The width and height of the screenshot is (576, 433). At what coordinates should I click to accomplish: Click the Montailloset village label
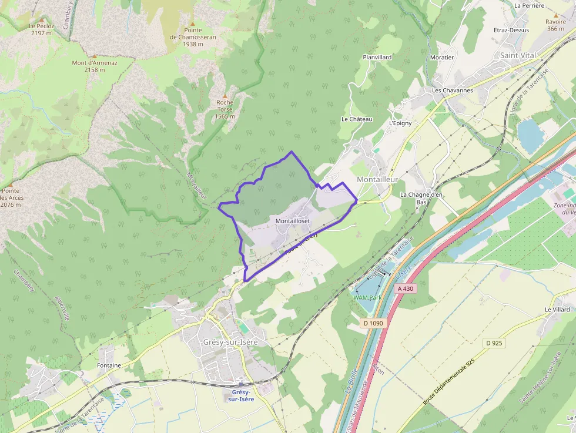click(292, 220)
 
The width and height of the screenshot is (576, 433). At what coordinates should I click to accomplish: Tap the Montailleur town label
click(377, 179)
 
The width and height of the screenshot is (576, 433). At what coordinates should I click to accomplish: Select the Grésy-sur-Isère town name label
click(230, 342)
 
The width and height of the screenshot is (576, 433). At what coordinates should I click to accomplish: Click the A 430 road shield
click(406, 288)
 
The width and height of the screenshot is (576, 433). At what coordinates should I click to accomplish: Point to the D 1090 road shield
click(373, 323)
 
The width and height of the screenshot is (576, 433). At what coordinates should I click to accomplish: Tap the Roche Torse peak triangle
click(225, 95)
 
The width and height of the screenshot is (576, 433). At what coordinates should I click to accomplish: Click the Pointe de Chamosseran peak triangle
click(192, 23)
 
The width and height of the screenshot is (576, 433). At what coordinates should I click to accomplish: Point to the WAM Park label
click(367, 297)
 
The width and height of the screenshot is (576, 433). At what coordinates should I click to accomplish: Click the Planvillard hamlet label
click(377, 57)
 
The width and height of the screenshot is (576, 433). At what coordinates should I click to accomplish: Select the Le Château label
click(357, 119)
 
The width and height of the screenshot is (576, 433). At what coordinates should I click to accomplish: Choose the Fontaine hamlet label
click(109, 365)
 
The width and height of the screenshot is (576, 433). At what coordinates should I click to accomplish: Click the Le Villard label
click(557, 309)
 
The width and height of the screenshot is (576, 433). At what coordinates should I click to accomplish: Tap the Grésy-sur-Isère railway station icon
click(241, 384)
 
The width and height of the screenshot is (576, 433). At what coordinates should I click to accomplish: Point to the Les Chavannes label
click(452, 90)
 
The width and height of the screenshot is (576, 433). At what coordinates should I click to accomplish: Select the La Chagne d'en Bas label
click(421, 198)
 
